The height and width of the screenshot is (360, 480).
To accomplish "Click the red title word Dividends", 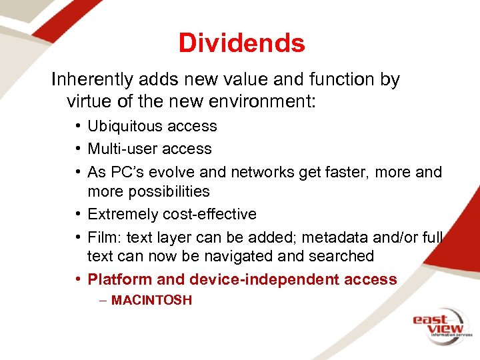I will (x=241, y=43).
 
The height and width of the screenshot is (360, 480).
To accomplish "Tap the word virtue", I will (x=89, y=102).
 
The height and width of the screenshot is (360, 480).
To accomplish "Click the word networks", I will (x=261, y=172).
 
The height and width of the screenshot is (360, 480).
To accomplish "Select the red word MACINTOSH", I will (x=151, y=301).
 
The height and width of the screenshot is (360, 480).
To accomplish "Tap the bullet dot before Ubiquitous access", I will (x=78, y=127).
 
